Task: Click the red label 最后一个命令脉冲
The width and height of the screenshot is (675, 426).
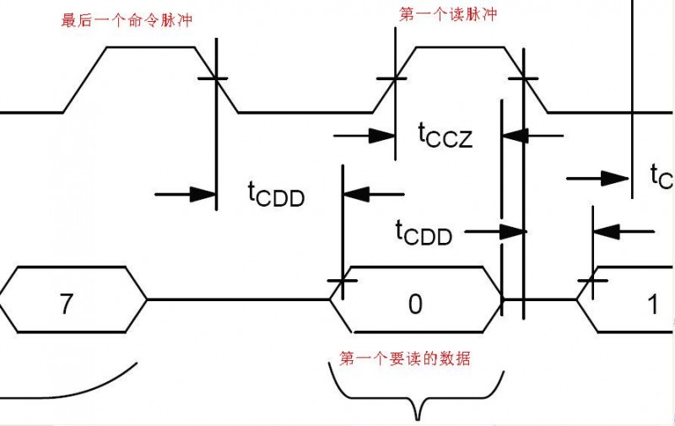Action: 124,19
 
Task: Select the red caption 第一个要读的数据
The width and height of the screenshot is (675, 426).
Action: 405,359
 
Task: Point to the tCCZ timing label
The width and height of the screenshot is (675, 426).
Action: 445,134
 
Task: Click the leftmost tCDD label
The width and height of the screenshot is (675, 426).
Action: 276,195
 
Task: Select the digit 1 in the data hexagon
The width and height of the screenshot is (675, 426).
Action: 651,304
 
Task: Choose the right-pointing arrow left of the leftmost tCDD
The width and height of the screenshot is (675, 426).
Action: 186,194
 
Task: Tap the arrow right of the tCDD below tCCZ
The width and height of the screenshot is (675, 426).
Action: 494,230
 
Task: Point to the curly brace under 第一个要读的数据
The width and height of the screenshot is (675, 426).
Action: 416,396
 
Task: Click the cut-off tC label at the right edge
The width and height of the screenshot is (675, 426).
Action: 661,177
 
